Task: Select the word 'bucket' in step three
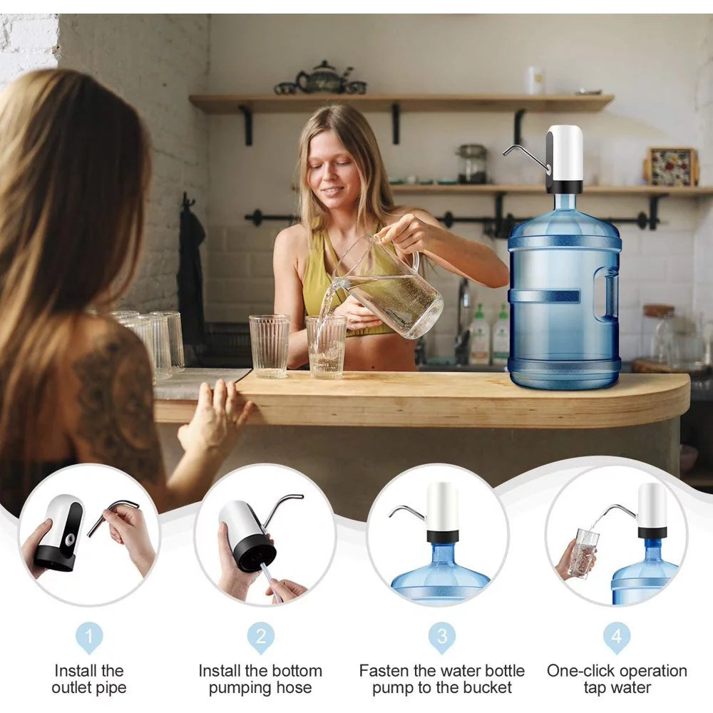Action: pos(486,688)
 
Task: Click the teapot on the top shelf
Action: pos(323,78)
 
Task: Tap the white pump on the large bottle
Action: pos(565,157)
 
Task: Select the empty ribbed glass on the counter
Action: pos(270,346)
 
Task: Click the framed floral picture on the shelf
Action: pos(670,167)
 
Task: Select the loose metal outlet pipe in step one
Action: pos(114,514)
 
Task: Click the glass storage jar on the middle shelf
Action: pos(471,163)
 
